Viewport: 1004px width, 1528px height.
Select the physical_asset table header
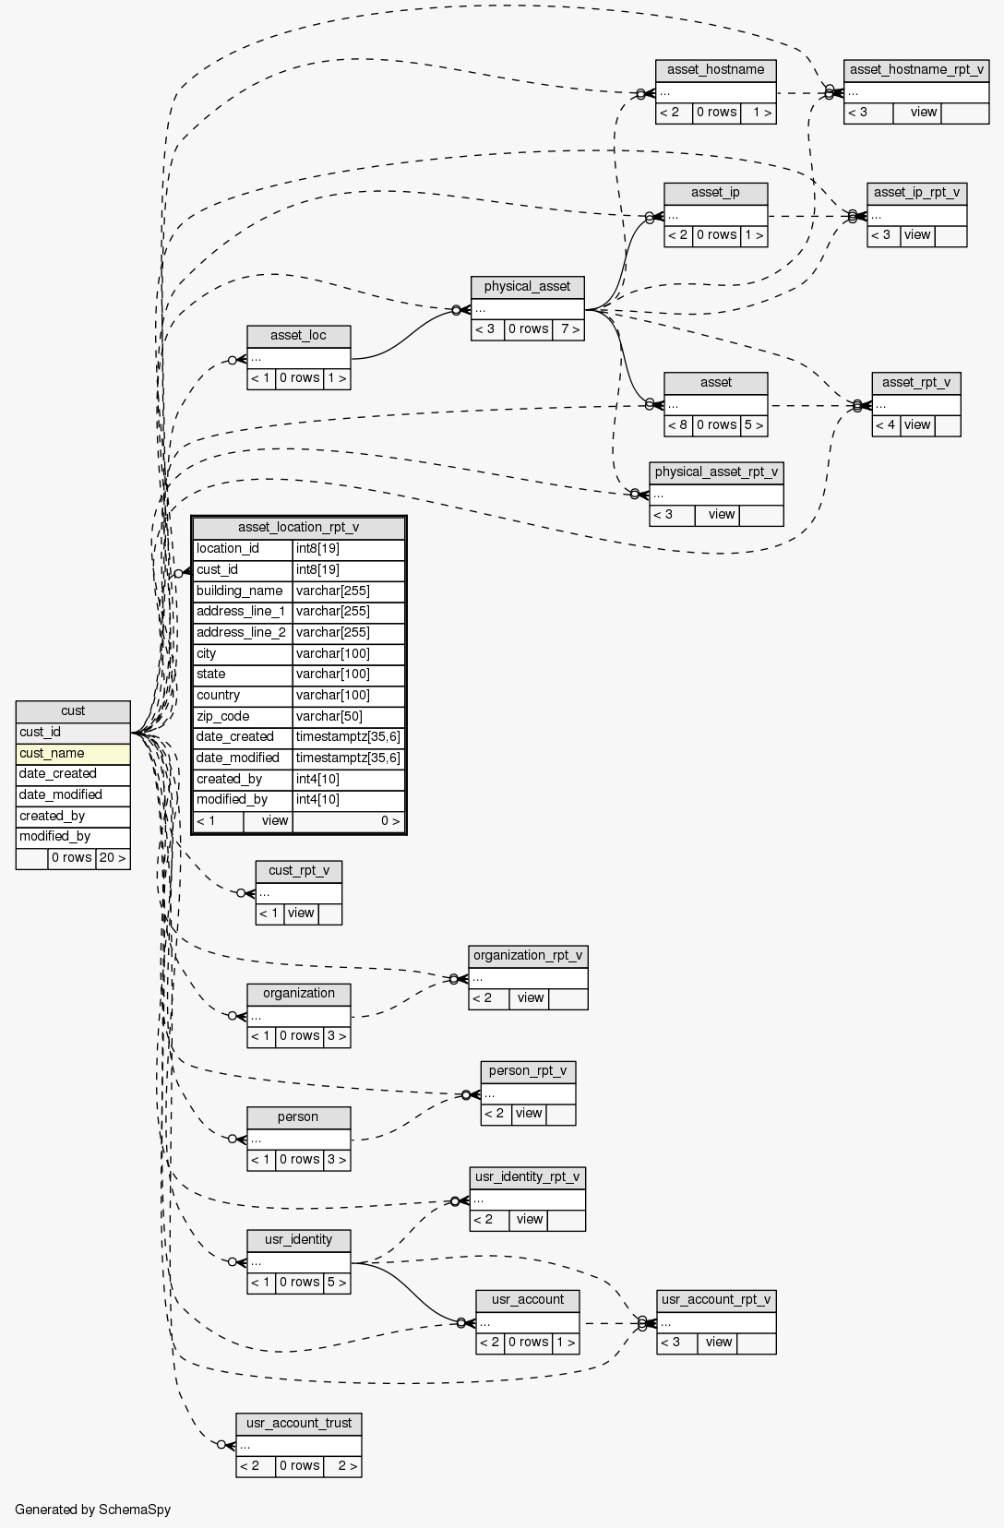point(527,287)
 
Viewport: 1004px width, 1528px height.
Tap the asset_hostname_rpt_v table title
point(915,70)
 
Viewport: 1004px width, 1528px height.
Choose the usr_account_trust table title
point(298,1423)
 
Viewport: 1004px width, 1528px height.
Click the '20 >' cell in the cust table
point(113,858)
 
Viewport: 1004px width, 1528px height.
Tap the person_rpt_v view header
point(528,1071)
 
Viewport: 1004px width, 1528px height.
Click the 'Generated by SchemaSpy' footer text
point(92,1510)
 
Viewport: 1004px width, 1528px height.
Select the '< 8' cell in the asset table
point(678,425)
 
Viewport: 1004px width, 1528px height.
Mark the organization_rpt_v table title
point(528,955)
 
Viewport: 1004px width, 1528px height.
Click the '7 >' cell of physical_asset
point(569,329)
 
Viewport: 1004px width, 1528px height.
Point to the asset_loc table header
point(298,335)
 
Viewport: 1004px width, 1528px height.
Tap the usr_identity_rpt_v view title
point(527,1176)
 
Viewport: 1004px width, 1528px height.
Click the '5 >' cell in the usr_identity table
point(337,1282)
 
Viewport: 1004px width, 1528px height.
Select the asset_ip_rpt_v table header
point(916,193)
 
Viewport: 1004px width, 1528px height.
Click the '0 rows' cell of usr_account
point(528,1343)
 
